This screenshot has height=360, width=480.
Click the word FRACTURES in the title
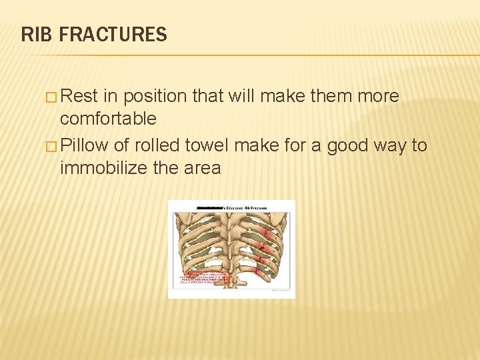[x=113, y=34]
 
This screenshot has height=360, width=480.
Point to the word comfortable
[x=108, y=119]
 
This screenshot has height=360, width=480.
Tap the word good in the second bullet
[x=346, y=145]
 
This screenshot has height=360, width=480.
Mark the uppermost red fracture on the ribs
[x=267, y=234]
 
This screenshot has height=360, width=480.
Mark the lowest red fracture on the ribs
[x=259, y=271]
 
